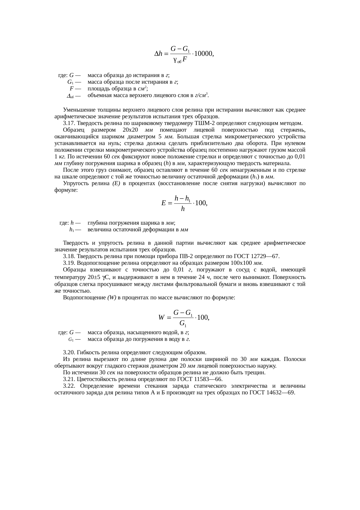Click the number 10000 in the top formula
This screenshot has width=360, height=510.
click(203, 54)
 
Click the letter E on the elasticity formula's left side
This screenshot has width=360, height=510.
click(163, 203)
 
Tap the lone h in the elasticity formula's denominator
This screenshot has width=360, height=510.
click(182, 209)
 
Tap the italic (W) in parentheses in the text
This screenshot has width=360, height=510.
click(112, 298)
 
